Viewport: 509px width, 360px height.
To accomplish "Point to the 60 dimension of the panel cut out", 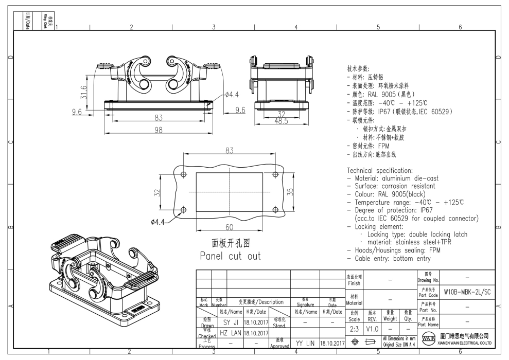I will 229,227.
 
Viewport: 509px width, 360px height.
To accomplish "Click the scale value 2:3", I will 355,328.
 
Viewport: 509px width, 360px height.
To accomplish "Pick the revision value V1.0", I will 372,328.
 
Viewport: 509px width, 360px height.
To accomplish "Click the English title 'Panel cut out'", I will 230,256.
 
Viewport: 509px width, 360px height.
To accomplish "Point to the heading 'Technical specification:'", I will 380,170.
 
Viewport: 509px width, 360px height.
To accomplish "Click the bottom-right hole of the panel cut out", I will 274,209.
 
